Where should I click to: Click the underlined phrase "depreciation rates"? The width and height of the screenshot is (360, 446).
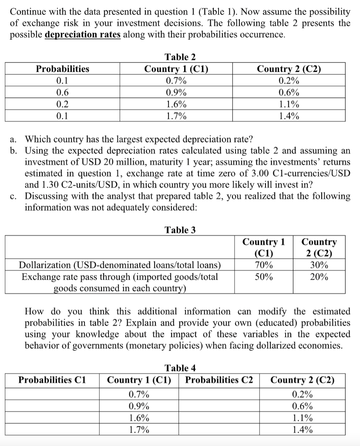[x=83, y=35]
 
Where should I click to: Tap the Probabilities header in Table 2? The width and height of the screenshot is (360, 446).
[x=62, y=69]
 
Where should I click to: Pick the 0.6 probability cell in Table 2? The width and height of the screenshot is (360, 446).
[x=62, y=92]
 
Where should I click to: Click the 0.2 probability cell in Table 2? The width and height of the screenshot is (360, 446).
[x=62, y=104]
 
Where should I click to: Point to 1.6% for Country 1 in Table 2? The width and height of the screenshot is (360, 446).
[x=176, y=104]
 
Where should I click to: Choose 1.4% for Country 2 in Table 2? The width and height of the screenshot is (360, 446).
[x=289, y=116]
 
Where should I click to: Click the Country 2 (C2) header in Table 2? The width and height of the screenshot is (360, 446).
[x=289, y=69]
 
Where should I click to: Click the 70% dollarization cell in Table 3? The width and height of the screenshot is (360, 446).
[x=263, y=265]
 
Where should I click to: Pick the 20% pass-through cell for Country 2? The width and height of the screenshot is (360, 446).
[x=319, y=277]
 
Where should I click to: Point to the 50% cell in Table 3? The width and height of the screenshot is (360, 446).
[x=263, y=277]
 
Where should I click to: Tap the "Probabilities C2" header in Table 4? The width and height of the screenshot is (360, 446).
[x=219, y=380]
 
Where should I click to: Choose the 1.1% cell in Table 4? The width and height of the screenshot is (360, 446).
[x=302, y=418]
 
